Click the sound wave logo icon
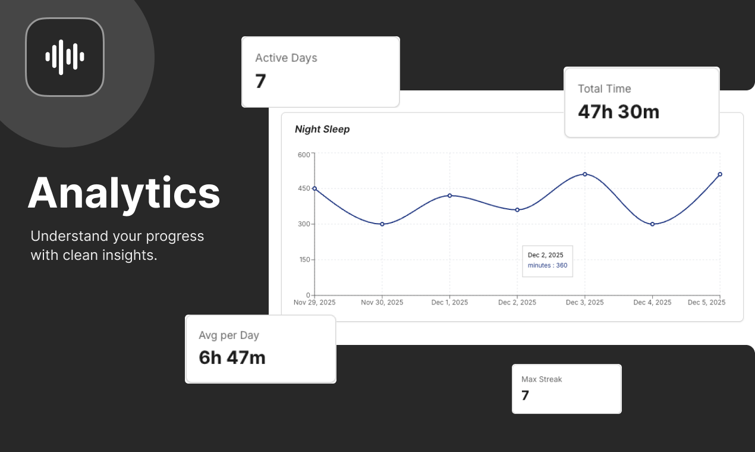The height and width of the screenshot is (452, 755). point(65,57)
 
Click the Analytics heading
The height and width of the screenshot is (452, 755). point(124,193)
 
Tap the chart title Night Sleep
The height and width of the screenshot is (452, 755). point(322,129)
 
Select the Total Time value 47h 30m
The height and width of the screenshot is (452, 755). point(618,111)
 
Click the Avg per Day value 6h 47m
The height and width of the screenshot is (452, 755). point(232,357)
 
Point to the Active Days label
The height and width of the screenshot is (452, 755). point(286,58)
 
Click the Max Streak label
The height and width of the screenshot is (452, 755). point(541,379)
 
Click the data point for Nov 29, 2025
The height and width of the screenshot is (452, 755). point(314,189)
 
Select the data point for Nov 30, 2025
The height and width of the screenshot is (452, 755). point(382,224)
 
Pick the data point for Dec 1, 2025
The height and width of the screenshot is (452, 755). point(449,195)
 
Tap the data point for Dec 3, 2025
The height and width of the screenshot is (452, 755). point(585,174)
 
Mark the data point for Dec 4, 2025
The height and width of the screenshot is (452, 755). point(652,224)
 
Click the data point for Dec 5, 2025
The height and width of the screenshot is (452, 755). point(720,174)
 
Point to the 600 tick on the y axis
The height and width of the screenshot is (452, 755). point(304,155)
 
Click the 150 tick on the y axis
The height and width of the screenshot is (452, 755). point(304,260)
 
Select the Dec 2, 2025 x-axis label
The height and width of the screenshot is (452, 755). point(517,302)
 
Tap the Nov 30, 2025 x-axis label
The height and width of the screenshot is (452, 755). point(382,302)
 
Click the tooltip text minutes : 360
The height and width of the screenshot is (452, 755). point(548,265)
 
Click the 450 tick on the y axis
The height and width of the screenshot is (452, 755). point(304,189)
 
